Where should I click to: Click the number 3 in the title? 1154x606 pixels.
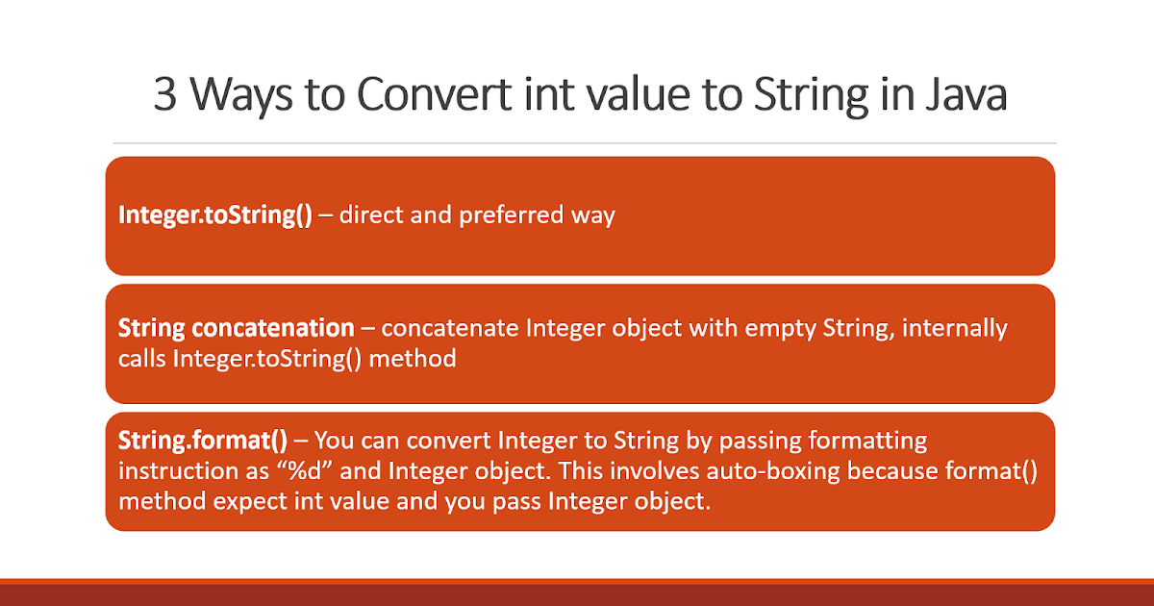coord(165,96)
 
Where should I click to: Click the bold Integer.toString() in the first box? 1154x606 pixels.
coord(214,215)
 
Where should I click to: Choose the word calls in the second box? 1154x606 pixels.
coord(141,359)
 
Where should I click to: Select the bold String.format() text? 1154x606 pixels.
coord(203,442)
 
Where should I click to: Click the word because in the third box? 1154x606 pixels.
coord(849,471)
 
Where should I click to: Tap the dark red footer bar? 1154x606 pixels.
coord(577,593)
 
